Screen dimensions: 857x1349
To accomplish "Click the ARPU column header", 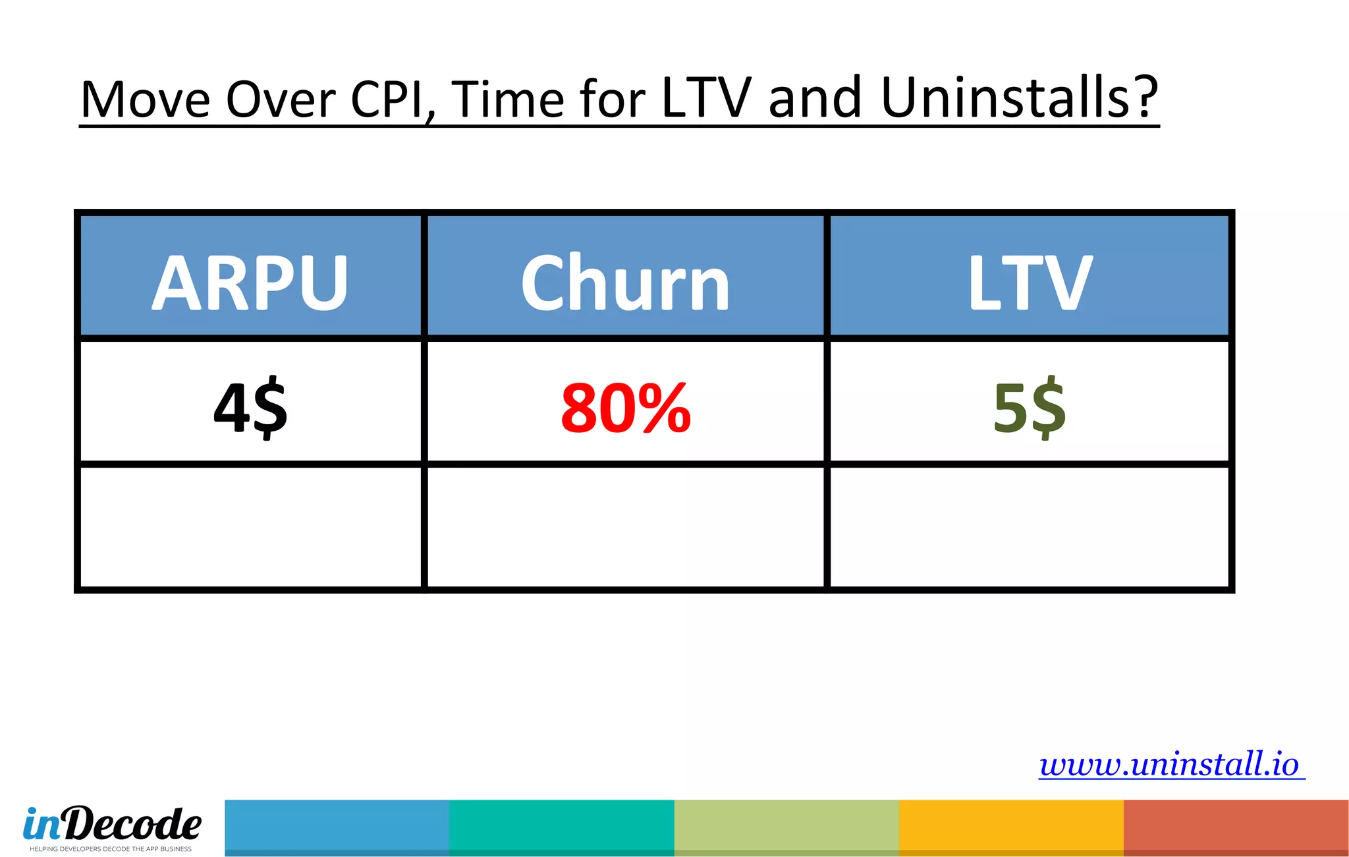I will tap(250, 282).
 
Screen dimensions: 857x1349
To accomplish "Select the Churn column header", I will tap(625, 282).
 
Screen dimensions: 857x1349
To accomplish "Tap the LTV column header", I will tap(1030, 282).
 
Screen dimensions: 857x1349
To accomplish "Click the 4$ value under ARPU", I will tap(250, 407).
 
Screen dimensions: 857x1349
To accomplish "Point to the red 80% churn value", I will tap(625, 408).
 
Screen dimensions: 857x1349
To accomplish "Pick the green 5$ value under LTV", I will tap(1030, 407).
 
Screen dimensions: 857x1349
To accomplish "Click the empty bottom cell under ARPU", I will tap(250, 527).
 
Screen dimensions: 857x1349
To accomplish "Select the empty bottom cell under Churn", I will tap(625, 527).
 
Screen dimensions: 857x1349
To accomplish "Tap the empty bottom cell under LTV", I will tap(1030, 527).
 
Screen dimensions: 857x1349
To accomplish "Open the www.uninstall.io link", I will tap(1170, 764).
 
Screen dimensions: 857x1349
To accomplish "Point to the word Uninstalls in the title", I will tap(1018, 99).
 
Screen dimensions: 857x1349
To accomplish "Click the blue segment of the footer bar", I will tap(337, 827).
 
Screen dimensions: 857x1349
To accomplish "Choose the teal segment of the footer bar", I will tap(561, 827).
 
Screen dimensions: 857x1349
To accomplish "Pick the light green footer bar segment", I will tap(786, 827).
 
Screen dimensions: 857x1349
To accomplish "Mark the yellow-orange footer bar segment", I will tap(1011, 827).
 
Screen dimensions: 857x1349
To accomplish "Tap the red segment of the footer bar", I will tap(1236, 827).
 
